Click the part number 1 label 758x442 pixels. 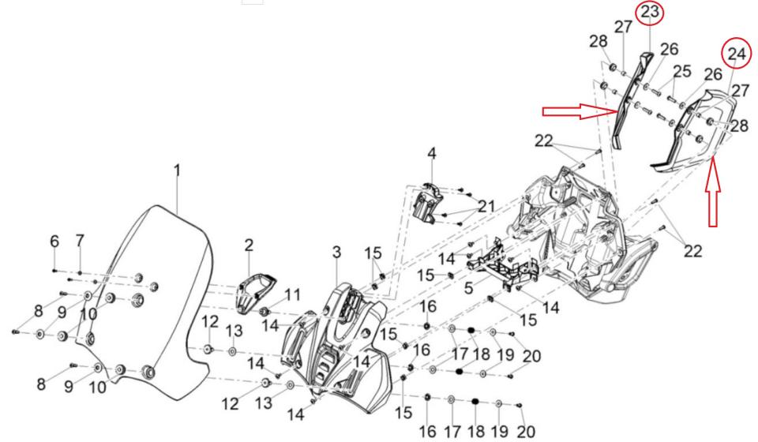pos(178,170)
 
